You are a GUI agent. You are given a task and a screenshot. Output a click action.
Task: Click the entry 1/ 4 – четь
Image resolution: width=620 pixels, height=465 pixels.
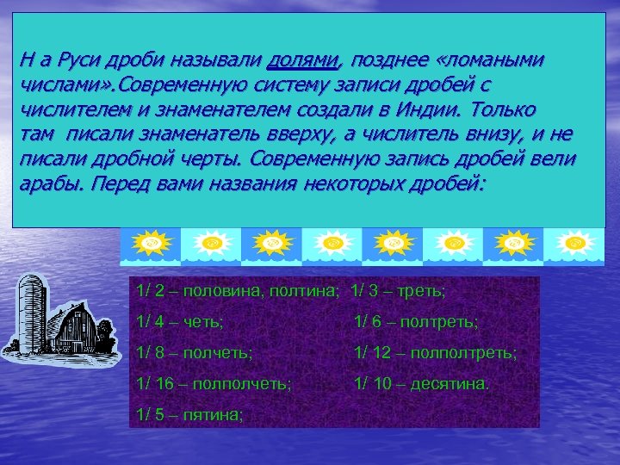180,321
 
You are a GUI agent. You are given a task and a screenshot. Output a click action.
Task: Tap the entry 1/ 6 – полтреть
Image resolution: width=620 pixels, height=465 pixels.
416,321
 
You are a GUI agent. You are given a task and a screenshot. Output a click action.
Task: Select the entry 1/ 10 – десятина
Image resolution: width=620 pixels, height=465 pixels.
421,383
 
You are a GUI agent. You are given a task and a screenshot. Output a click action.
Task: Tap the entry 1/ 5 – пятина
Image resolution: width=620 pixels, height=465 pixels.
190,414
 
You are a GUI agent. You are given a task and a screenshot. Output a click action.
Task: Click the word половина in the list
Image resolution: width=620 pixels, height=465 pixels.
224,292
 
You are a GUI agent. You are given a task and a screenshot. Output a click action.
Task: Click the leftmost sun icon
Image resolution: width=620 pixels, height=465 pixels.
151,244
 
